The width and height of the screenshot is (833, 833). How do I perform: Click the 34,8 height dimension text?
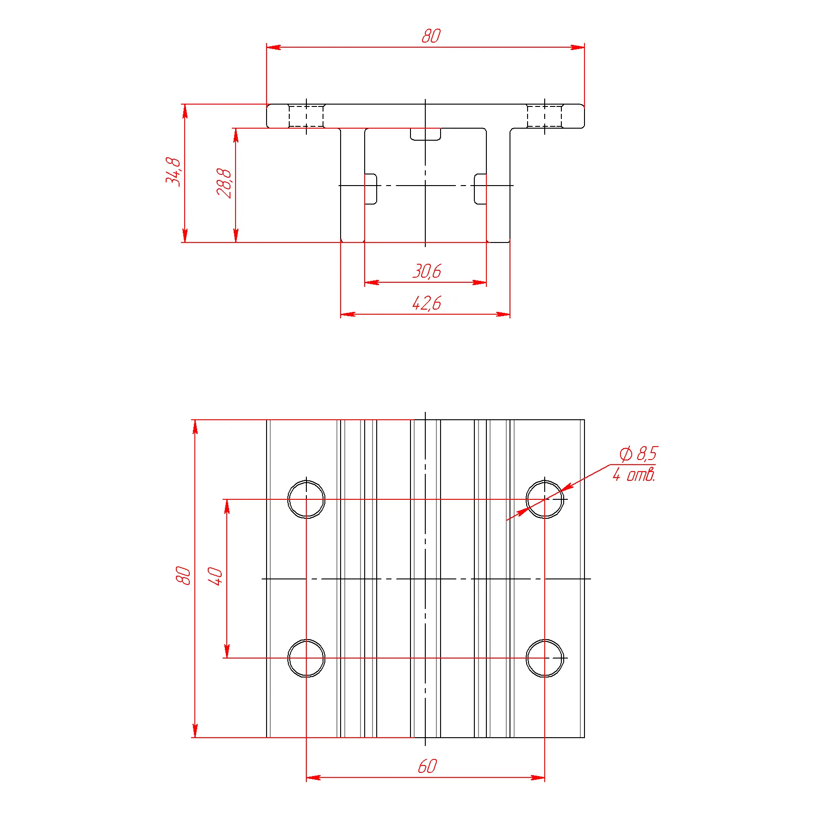point(173,171)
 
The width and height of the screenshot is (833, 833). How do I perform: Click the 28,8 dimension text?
point(224,183)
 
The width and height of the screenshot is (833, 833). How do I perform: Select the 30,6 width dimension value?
point(427,271)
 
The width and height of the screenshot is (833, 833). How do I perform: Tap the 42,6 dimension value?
point(427,303)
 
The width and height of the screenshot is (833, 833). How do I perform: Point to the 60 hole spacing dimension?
point(427,766)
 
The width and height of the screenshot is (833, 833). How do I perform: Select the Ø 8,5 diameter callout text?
point(638,454)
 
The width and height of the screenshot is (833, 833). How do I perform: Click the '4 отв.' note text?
point(634,474)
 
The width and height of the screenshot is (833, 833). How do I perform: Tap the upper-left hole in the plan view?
point(306,481)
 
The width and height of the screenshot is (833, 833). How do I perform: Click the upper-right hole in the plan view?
point(545,481)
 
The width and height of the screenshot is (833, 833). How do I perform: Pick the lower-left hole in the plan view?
point(306,640)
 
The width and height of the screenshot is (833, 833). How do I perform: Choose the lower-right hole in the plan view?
point(545,640)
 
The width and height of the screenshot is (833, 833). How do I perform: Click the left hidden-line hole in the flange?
point(306,116)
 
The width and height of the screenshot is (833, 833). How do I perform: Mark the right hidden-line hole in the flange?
point(545,116)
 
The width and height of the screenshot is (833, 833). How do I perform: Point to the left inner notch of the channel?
point(371,189)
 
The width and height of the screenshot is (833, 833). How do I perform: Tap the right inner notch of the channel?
point(480,189)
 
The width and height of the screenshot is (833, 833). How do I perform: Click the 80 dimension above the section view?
point(431,36)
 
